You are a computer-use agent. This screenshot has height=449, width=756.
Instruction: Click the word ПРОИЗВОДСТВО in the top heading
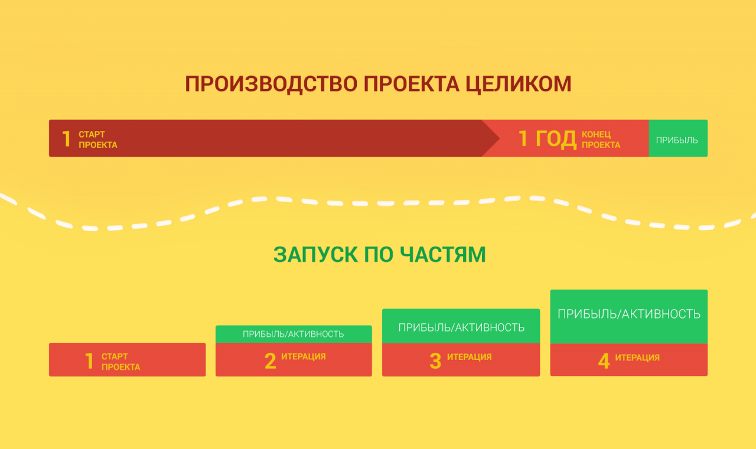271,84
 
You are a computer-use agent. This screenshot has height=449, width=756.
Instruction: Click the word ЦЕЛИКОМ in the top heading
519,84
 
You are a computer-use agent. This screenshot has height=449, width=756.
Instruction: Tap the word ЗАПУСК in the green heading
315,254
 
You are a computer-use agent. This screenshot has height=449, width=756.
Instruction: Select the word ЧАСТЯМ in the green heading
443,254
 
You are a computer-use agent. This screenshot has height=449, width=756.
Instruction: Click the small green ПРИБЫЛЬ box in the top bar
678,138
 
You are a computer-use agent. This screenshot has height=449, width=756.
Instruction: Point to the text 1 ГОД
548,139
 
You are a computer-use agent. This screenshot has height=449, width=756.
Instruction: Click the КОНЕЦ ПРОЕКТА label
601,140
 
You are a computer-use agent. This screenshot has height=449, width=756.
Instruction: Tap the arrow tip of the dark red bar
500,138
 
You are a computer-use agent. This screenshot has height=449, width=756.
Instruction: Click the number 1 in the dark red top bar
66,139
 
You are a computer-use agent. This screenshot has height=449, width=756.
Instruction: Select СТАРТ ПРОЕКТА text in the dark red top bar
98,140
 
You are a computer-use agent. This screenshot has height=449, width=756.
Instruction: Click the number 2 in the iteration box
271,361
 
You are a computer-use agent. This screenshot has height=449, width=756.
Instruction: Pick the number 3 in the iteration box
435,361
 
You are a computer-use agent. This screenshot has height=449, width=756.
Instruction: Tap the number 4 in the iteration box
604,361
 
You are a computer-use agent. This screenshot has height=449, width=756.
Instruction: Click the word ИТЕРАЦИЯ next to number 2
304,356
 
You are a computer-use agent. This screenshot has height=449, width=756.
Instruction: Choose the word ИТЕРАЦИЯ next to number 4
637,358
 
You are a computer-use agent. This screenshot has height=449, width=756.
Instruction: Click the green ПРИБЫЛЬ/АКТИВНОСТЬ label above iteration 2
294,334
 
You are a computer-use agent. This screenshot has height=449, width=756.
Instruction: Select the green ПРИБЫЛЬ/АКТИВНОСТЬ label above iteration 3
461,327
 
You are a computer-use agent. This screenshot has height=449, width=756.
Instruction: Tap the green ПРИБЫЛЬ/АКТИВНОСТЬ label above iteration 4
629,314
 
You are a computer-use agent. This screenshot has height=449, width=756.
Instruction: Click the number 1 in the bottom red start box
89,361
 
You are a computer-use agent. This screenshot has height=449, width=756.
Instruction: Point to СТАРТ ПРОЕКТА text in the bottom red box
121,362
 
